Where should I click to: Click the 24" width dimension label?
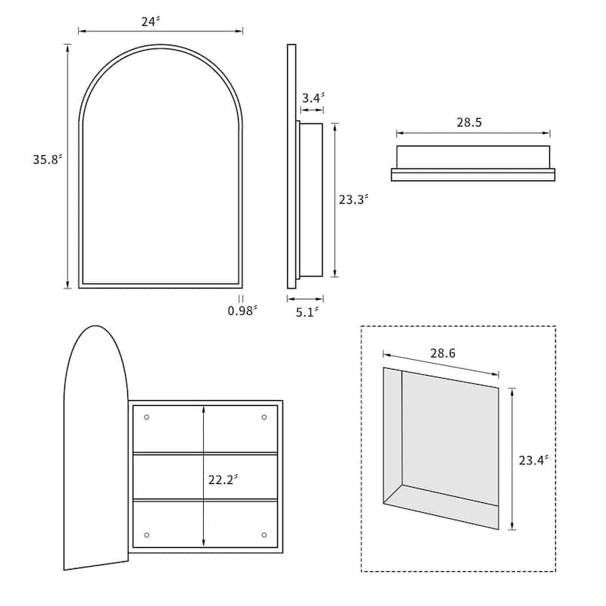(150, 22)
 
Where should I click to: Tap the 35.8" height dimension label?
(47, 159)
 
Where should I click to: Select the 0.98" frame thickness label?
(242, 311)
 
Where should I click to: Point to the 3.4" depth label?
(313, 98)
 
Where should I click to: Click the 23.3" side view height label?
(353, 199)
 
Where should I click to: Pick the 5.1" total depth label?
(308, 312)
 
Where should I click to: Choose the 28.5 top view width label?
(469, 122)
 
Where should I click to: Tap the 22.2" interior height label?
(223, 479)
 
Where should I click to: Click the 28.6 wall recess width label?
(442, 353)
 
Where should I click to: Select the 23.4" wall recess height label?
(533, 461)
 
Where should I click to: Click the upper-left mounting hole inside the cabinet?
(146, 417)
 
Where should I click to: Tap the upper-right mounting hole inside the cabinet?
(264, 417)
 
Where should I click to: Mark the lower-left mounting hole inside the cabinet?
(146, 535)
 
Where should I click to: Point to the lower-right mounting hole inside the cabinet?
(264, 535)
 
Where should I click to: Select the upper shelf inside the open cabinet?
(205, 453)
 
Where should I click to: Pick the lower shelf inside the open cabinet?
(205, 500)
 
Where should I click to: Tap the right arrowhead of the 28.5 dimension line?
(546, 133)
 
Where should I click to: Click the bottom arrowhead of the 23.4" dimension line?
(512, 526)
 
